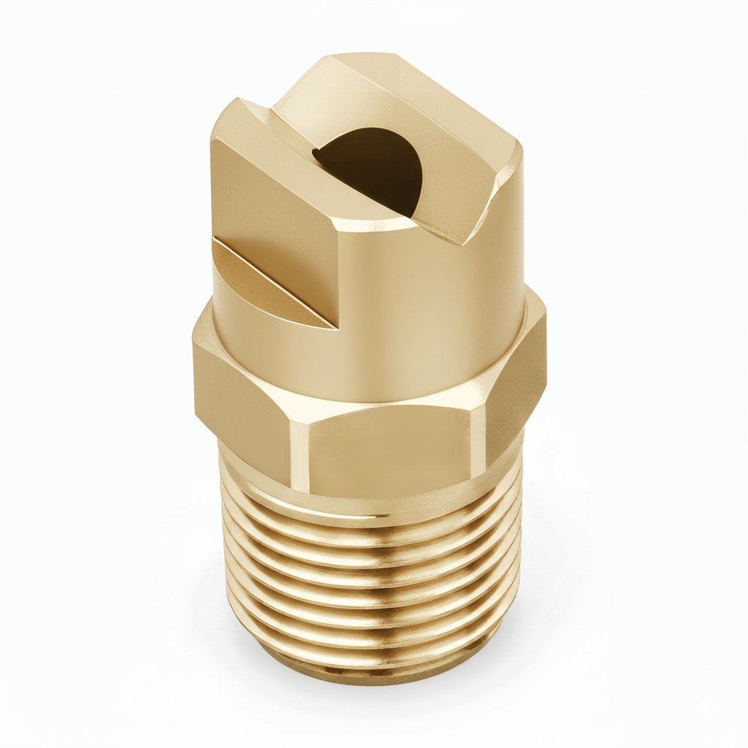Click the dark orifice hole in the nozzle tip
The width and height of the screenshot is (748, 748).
(373, 168)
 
